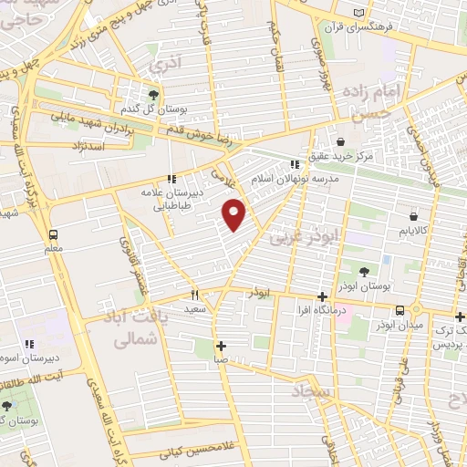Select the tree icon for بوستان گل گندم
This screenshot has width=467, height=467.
click(153, 95)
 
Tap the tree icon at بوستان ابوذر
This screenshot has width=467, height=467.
click(364, 271)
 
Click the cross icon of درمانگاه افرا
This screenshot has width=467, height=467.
click(321, 296)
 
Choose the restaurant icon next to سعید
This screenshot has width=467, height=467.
click(194, 296)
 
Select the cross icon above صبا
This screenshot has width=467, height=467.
click(221, 346)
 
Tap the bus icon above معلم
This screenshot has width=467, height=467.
click(54, 233)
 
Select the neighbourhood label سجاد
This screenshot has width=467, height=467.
click(312, 392)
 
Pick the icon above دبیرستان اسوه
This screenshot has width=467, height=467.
click(29, 344)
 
